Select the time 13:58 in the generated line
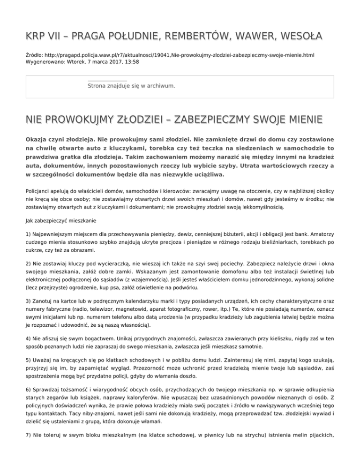tap(130, 61)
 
